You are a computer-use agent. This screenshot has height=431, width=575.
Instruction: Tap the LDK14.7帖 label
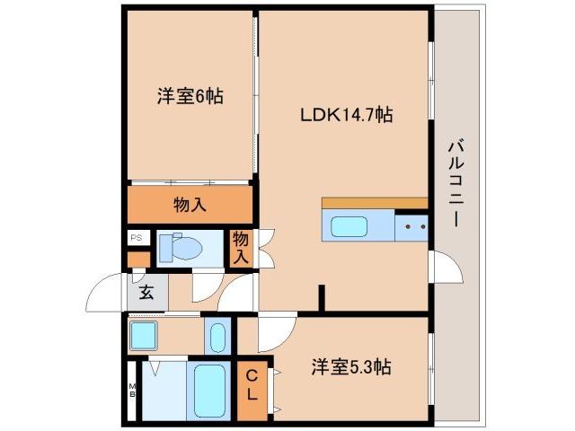click(346, 116)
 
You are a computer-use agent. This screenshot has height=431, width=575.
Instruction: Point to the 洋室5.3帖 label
click(350, 367)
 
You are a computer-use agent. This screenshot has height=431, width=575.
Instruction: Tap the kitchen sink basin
click(355, 226)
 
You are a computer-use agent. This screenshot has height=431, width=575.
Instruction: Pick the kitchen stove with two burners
click(411, 227)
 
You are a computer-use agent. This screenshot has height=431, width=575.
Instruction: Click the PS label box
click(137, 238)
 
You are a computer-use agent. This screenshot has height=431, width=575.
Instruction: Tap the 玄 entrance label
click(146, 291)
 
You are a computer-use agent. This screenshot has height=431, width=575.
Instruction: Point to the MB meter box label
click(132, 390)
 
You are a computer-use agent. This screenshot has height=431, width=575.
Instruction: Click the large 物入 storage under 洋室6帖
click(190, 205)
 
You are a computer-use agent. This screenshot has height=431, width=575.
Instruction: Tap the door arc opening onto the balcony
click(446, 267)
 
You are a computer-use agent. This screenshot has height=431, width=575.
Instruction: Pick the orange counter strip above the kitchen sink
click(374, 203)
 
